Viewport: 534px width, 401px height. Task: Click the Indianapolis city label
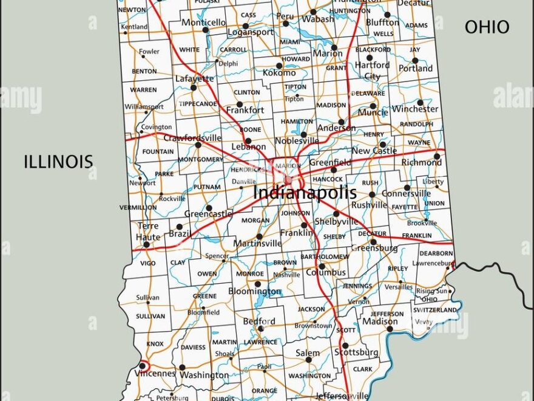coord(305,193)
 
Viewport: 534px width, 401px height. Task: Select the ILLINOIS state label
coord(58,161)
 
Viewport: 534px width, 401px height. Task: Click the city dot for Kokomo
coord(280,66)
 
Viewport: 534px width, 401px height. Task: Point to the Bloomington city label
coord(255,292)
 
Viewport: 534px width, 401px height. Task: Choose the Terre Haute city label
coord(148,231)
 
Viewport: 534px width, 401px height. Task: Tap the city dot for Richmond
coord(437,156)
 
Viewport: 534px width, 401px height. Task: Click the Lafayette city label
coord(194,78)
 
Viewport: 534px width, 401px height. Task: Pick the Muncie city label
coord(373,113)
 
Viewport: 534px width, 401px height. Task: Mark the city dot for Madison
coord(390,329)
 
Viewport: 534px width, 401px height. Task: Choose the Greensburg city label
coord(374,248)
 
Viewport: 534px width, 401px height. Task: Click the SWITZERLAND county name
coord(436,310)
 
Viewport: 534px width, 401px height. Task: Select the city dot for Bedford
coord(260,329)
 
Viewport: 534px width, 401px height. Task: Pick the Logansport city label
coord(250,32)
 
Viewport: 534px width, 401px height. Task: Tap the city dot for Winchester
coord(420,103)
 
